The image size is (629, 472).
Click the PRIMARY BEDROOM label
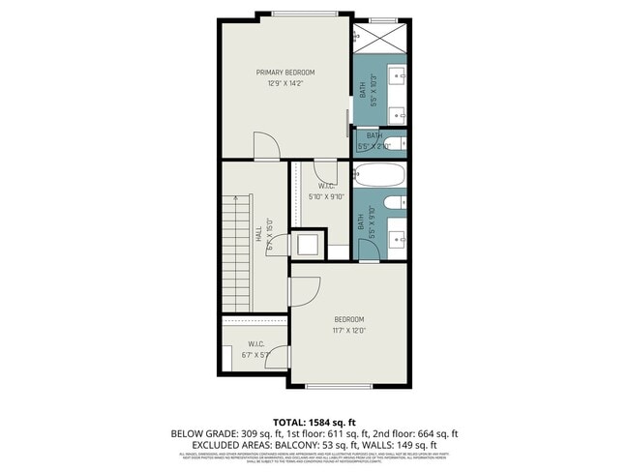pos(285,73)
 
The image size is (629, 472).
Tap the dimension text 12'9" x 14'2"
pos(285,84)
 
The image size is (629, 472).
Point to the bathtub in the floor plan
pos(378,175)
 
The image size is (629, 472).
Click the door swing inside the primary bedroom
pos(266,146)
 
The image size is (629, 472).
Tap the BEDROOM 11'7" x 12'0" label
pos(348,325)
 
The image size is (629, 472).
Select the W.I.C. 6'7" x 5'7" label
pos(256,349)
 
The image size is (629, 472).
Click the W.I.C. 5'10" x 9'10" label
pos(327,192)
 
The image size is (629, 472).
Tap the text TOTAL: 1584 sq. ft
pos(314,422)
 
